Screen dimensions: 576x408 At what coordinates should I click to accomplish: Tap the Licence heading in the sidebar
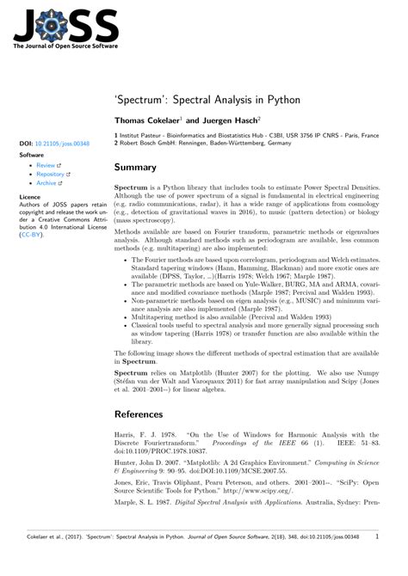pos(29,197)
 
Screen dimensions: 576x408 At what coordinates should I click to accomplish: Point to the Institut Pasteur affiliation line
pos(249,136)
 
